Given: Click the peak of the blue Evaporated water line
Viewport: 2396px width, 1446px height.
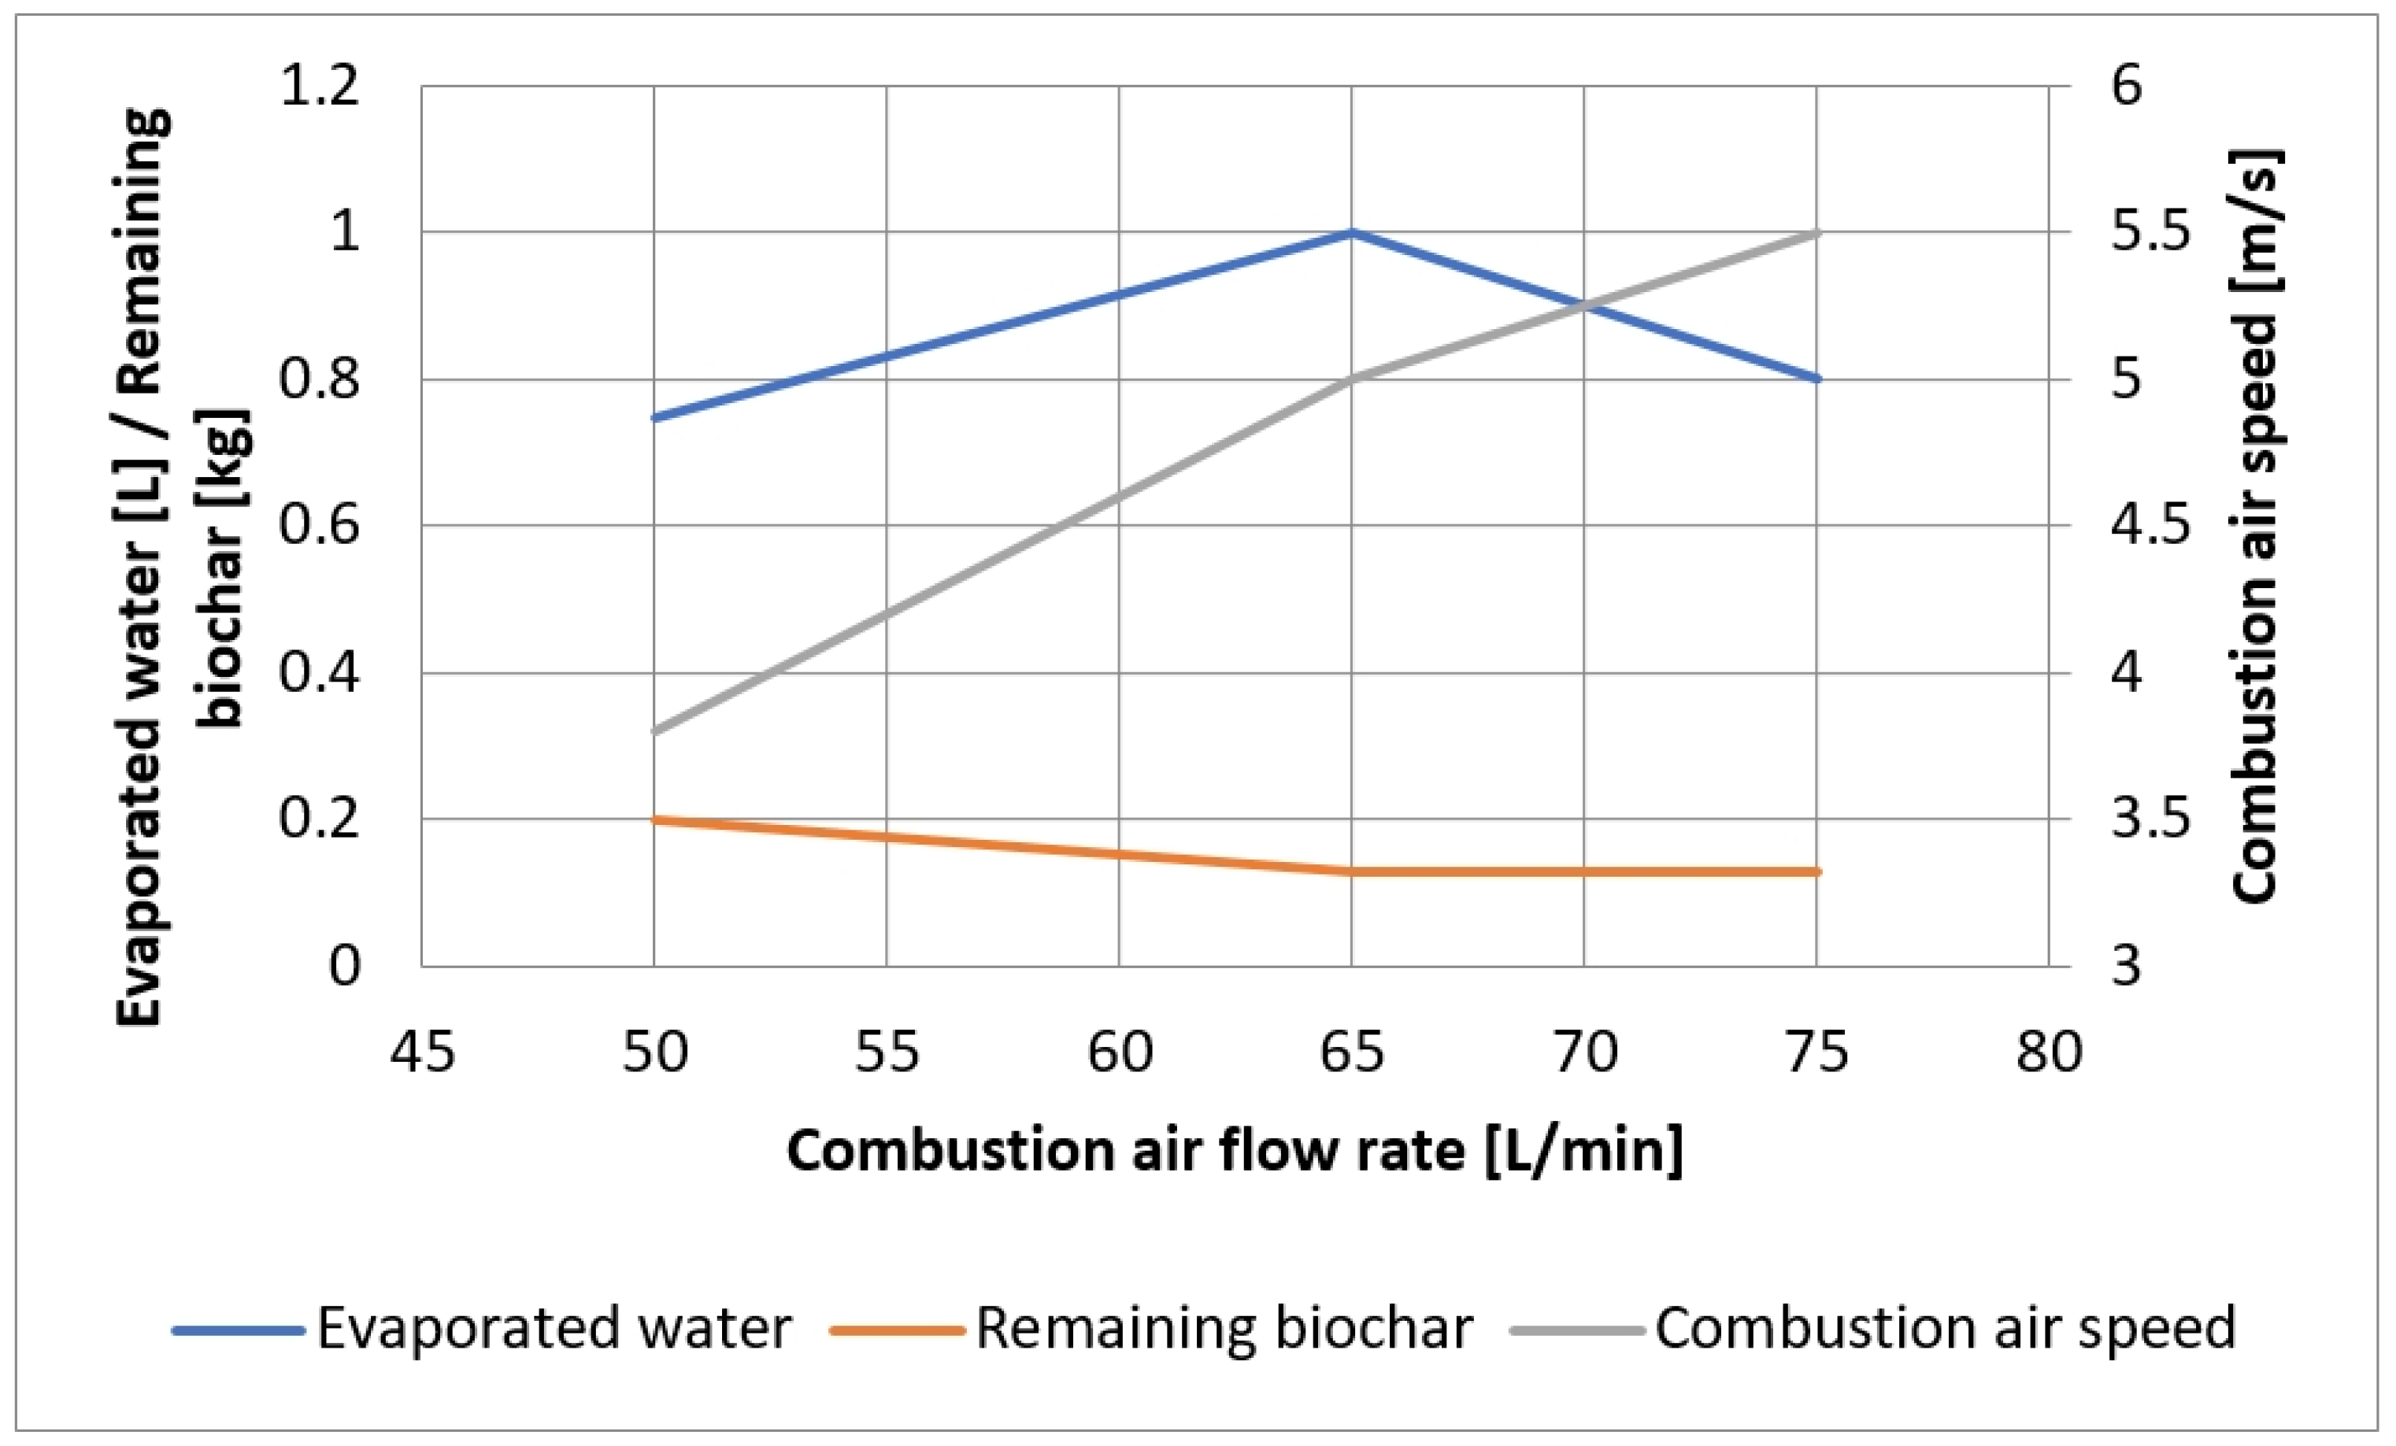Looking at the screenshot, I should tap(1352, 232).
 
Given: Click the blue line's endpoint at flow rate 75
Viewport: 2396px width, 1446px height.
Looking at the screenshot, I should tap(1816, 379).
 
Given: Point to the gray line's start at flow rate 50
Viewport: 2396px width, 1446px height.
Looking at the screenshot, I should tap(654, 731).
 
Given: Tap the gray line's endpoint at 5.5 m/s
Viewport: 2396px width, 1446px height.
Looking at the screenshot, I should tap(1816, 232).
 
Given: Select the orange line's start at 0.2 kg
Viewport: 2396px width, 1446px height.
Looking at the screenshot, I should tap(654, 819).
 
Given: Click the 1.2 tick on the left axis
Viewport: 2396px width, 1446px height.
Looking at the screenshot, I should tap(319, 86).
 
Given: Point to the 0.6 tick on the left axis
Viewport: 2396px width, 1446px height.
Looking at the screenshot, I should tap(319, 525).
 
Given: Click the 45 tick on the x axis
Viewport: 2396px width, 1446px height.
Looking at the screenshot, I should tap(422, 1052).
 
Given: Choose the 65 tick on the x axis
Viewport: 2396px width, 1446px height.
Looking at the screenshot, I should tap(1352, 1052).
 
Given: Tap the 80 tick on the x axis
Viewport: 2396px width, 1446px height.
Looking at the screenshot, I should tap(2049, 1052).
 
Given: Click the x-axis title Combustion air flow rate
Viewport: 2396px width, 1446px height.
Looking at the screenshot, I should tap(1234, 1152).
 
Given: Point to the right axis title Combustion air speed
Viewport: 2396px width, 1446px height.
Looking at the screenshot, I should tap(2255, 525).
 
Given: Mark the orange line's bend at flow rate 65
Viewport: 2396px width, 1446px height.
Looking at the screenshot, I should tap(1352, 871).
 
